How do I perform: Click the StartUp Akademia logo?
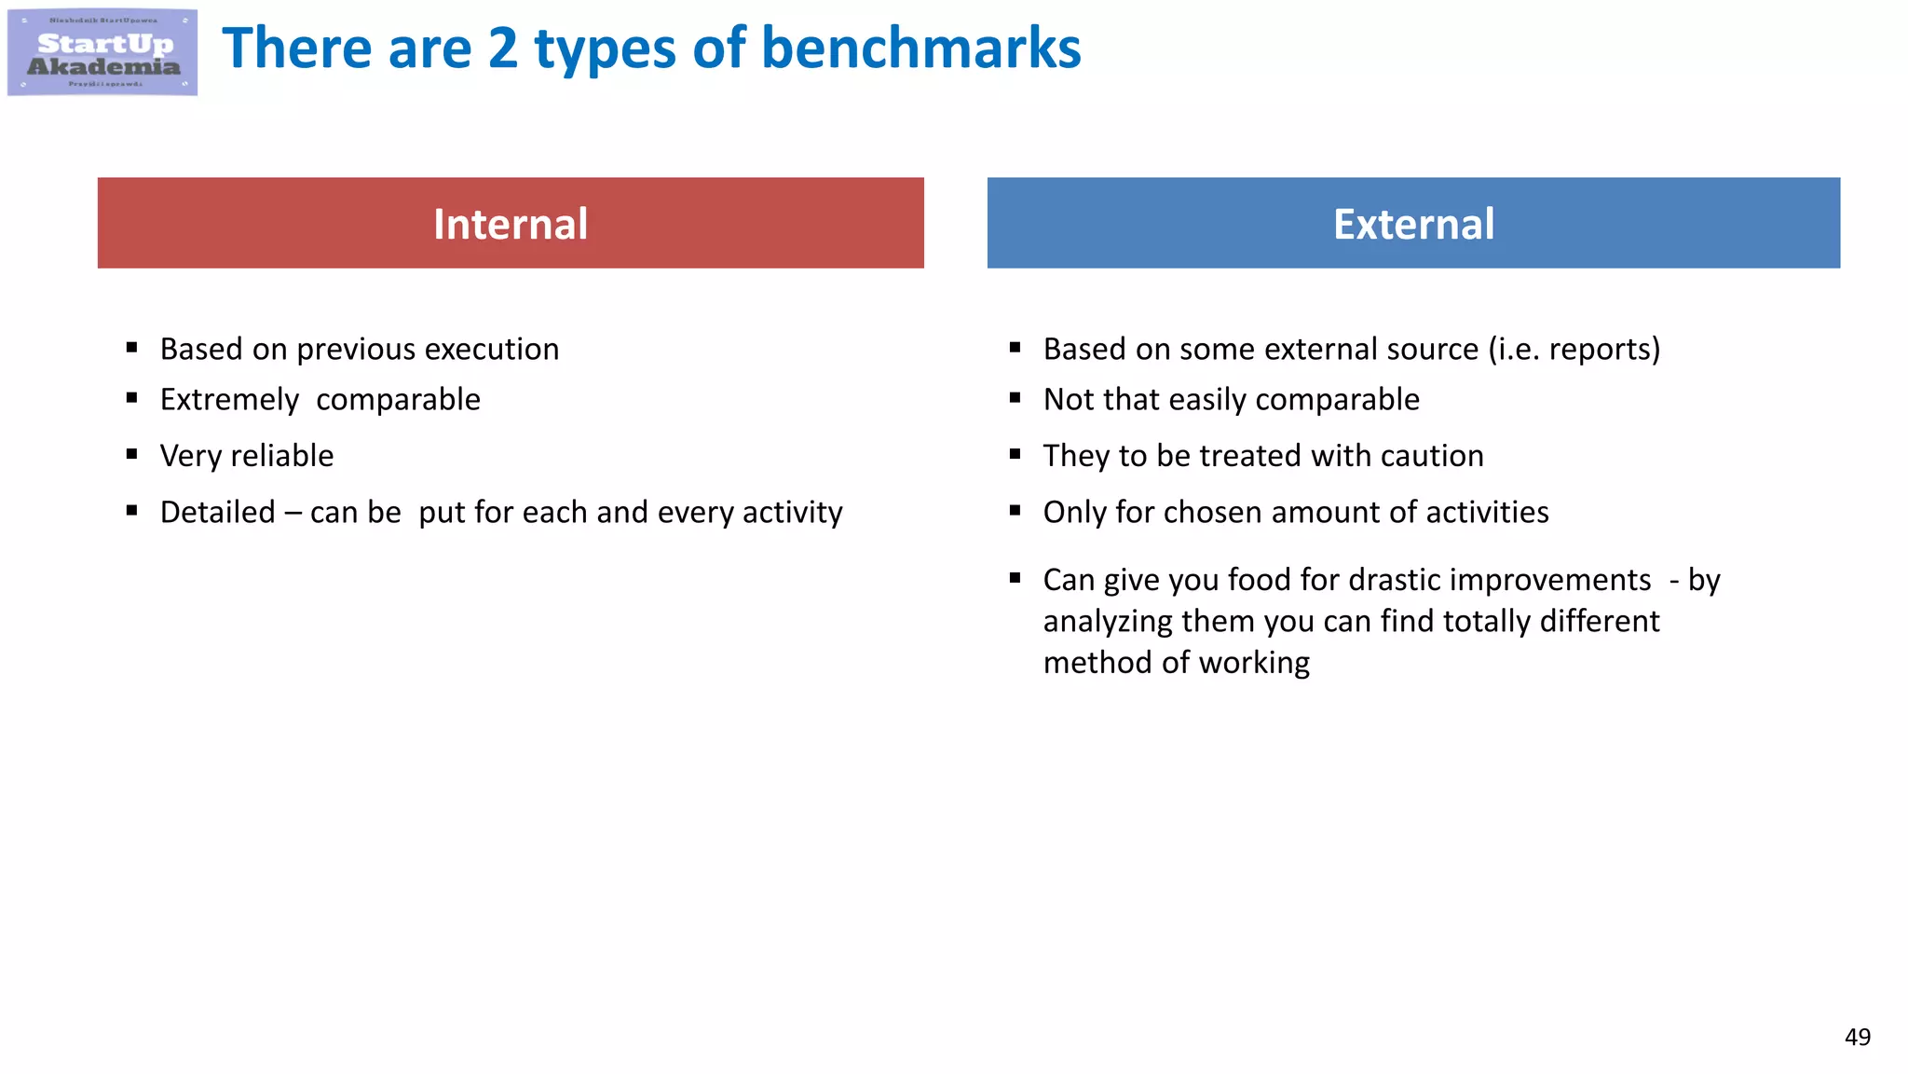(x=102, y=52)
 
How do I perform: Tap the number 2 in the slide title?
(x=502, y=48)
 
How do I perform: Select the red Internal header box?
(x=511, y=224)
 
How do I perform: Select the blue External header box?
(x=1413, y=224)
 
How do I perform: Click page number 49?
(x=1857, y=1037)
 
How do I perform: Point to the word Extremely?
(x=229, y=400)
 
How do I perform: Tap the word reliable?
(x=281, y=456)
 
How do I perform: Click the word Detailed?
(x=217, y=513)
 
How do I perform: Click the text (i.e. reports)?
(x=1574, y=350)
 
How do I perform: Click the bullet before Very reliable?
(x=132, y=454)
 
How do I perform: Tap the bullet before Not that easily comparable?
(x=1015, y=398)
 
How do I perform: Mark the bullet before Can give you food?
(x=1015, y=578)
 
